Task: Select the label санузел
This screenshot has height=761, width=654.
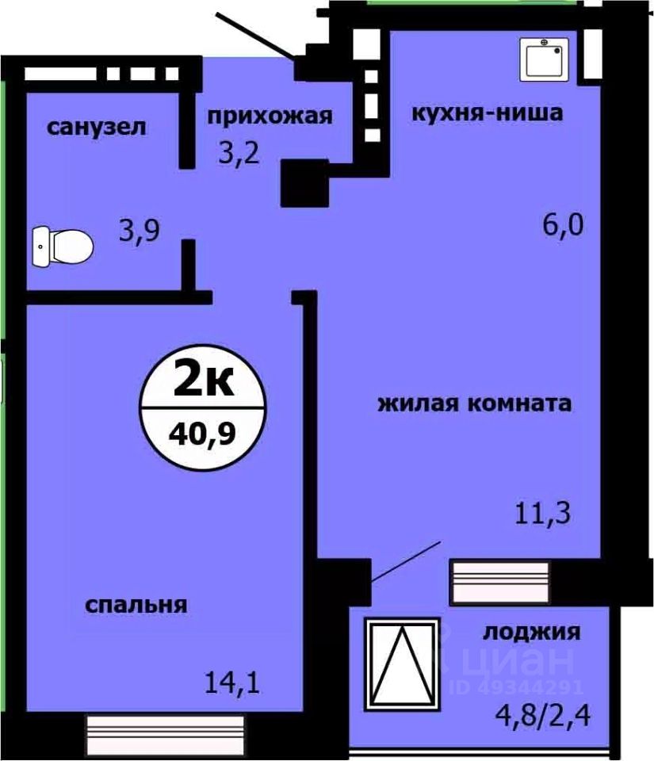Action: tap(97, 127)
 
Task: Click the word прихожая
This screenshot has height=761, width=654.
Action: tap(269, 117)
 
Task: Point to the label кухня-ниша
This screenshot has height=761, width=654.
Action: tap(486, 113)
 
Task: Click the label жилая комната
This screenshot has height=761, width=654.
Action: tap(474, 403)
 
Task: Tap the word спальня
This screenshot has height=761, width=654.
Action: tap(136, 605)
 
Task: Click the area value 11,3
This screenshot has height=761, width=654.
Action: tap(543, 515)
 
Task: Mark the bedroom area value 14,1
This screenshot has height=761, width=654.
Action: tap(232, 680)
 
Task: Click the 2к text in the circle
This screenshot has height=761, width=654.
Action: tap(203, 382)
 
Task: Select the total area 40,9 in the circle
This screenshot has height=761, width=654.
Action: tap(203, 434)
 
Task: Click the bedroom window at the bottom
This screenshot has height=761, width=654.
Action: tap(163, 728)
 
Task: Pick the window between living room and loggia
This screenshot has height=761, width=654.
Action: tap(500, 583)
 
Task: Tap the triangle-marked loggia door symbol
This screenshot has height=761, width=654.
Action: tap(400, 662)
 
